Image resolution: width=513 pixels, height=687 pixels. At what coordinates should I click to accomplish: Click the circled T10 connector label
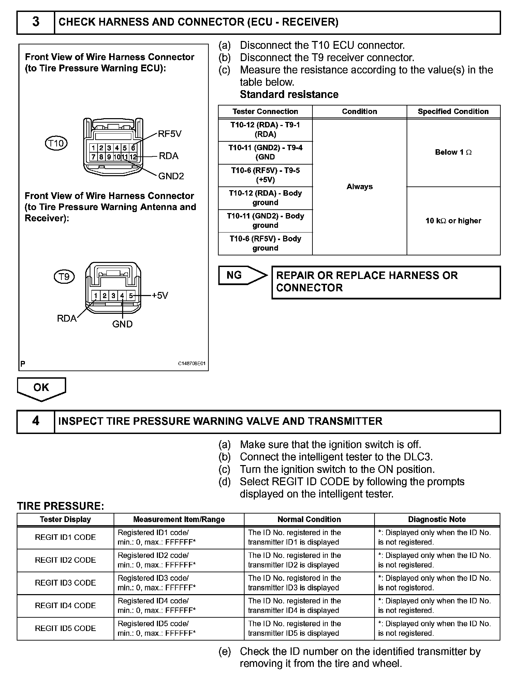click(x=56, y=143)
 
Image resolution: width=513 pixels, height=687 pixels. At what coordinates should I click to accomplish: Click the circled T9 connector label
click(x=64, y=276)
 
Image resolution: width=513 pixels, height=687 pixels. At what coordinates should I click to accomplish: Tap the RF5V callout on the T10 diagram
click(x=170, y=134)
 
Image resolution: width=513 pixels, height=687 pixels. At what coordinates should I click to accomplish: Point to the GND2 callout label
click(x=171, y=176)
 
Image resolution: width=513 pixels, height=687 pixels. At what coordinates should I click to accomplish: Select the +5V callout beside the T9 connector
click(x=160, y=295)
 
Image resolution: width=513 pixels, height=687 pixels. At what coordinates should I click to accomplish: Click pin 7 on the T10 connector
click(x=93, y=157)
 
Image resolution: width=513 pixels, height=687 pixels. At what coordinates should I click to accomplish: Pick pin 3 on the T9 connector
click(x=113, y=296)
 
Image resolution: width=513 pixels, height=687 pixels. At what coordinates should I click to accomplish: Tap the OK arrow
click(x=41, y=389)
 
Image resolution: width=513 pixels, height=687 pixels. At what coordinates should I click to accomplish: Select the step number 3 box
click(x=36, y=22)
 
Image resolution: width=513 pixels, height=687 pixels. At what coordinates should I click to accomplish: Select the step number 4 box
click(x=36, y=421)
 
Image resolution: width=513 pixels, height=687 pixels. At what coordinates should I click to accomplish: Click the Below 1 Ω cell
click(x=453, y=152)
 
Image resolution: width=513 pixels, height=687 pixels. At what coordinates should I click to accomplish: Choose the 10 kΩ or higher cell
click(x=453, y=221)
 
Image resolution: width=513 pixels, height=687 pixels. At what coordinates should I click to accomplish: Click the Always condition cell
click(x=360, y=187)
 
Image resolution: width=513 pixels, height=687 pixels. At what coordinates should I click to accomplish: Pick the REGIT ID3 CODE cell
click(x=65, y=583)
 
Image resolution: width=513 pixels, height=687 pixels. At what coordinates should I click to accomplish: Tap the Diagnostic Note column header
click(x=437, y=519)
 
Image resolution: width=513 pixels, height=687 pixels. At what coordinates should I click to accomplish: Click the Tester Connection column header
click(x=265, y=112)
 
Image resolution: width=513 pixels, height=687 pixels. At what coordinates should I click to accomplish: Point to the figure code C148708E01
click(x=192, y=364)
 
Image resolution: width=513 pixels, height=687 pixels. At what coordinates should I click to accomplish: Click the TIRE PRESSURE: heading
click(x=61, y=506)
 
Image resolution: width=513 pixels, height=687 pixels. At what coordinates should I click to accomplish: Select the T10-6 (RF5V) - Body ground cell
click(x=265, y=243)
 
